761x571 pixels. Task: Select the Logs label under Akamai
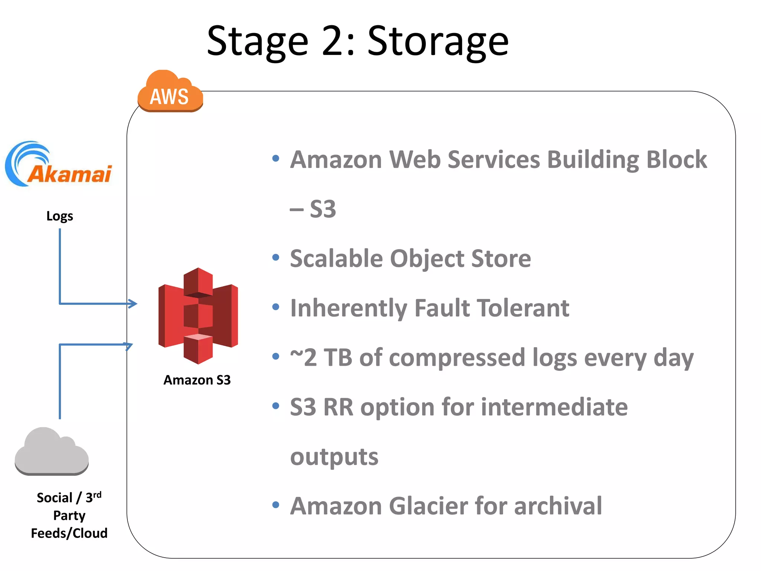(x=59, y=216)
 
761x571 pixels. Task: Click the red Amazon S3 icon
(x=198, y=316)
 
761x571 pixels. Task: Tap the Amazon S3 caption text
(x=197, y=380)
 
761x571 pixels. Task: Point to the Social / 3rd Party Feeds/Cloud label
(x=69, y=515)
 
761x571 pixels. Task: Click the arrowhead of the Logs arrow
(x=133, y=303)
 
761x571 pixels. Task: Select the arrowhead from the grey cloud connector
(x=129, y=345)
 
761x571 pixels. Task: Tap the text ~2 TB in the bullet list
(x=321, y=358)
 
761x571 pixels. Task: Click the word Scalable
(x=336, y=258)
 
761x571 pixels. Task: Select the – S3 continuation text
(x=313, y=209)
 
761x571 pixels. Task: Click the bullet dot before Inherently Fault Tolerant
(x=275, y=307)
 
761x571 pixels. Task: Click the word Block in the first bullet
(x=676, y=159)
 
